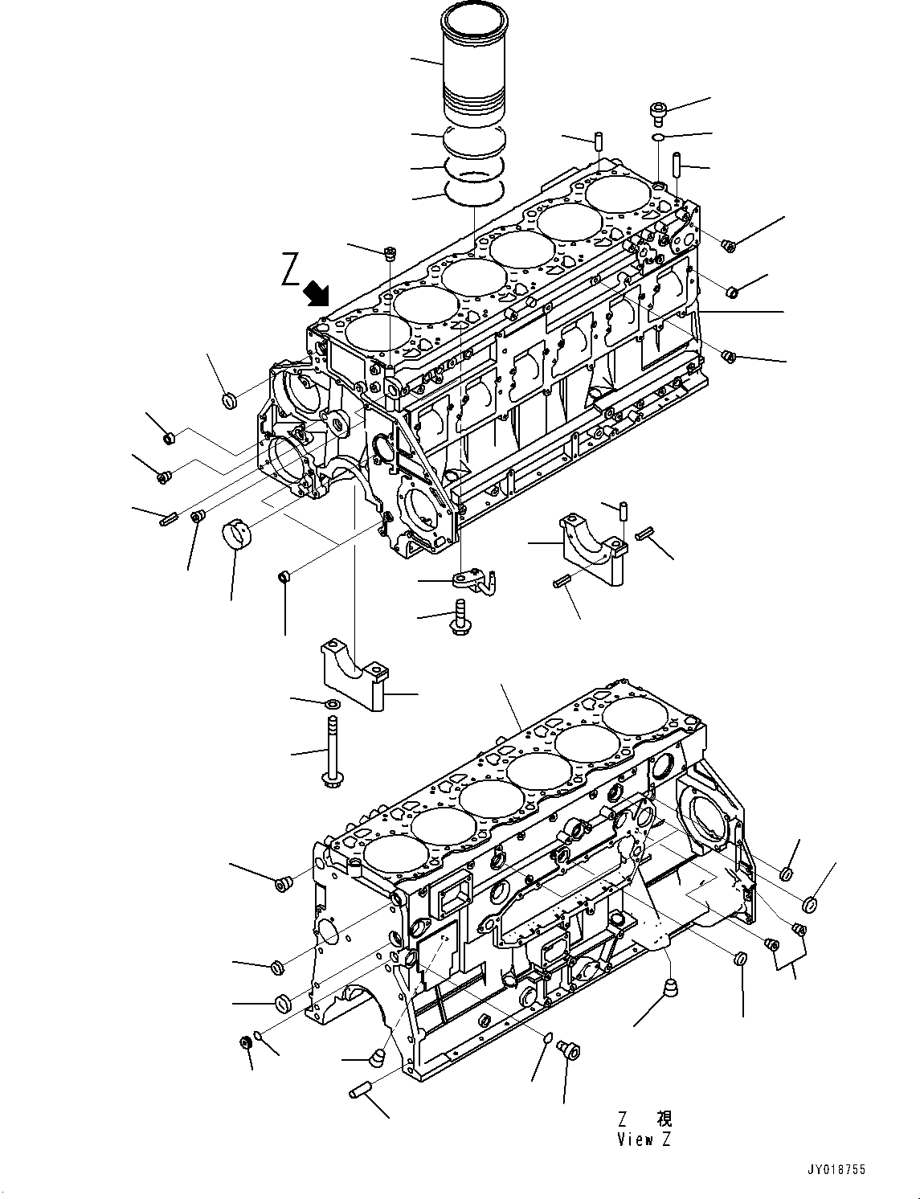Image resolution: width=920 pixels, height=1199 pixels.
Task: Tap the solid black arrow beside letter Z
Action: point(318,294)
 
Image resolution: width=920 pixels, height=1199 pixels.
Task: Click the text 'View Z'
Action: point(643,1139)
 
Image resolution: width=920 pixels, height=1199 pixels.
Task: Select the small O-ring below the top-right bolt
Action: point(657,138)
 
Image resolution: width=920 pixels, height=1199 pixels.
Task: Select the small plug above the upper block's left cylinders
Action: point(390,254)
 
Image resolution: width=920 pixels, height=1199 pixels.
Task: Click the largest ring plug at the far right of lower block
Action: point(810,905)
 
